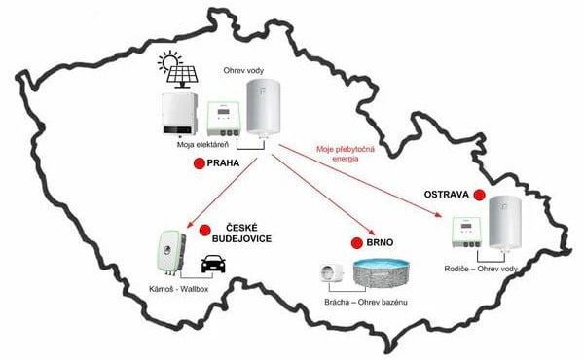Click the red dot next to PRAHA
coord(200,163)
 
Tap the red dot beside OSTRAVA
coord(479,195)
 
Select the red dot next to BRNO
coord(357,243)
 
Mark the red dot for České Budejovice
coord(204,231)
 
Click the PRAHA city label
coord(223,163)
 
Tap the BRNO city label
coord(380,242)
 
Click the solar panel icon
coord(182,77)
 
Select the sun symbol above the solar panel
coord(169,60)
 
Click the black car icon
coord(213,264)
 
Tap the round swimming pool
coord(382,273)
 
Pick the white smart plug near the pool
coord(332,272)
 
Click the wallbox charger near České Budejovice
coord(171,252)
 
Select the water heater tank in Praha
coord(264,108)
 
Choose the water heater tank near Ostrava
coord(505,223)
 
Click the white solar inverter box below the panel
coord(179,114)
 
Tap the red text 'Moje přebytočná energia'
coord(346,154)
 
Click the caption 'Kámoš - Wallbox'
coord(179,289)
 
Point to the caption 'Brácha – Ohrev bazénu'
coord(366,302)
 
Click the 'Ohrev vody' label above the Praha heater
coord(243,70)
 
